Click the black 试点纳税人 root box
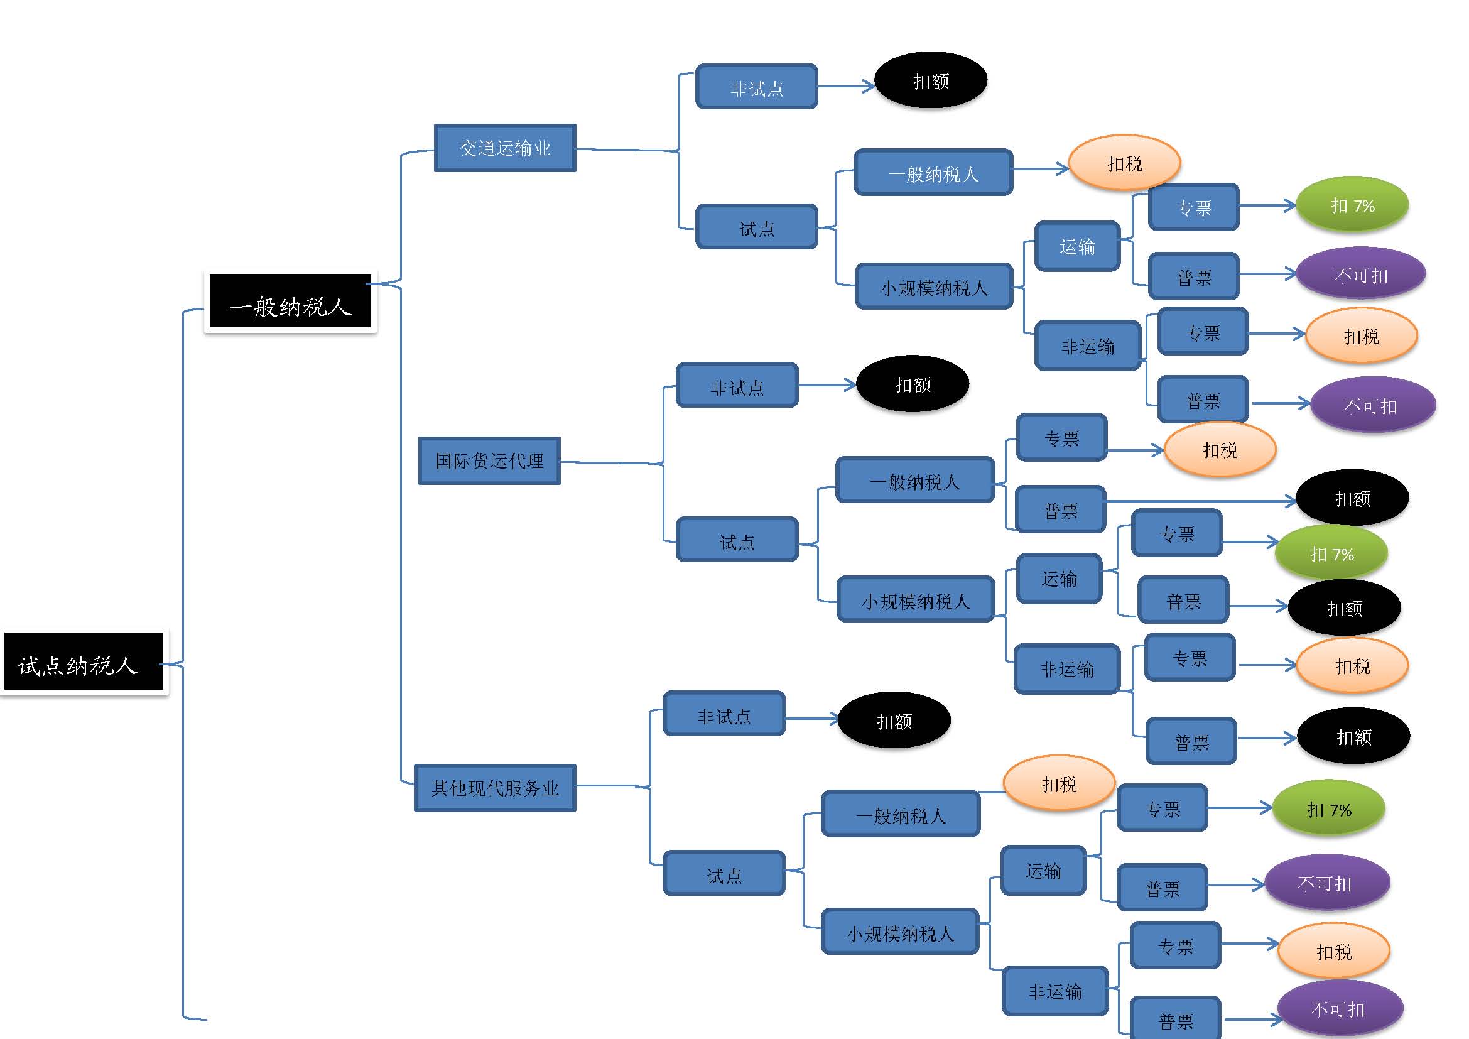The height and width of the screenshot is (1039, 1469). (83, 662)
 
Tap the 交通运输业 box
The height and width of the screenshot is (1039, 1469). (505, 148)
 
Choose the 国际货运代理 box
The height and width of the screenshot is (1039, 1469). (489, 460)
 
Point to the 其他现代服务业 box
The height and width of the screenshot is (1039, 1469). (494, 788)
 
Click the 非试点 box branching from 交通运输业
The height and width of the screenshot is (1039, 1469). (756, 87)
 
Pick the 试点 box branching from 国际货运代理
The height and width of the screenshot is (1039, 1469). (737, 540)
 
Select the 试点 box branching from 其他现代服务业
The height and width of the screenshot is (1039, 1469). (724, 873)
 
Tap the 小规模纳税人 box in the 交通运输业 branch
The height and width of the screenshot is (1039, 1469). (934, 286)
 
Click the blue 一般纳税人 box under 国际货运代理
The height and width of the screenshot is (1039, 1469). (915, 480)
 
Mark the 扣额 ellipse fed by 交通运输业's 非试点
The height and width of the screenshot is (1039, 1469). (931, 80)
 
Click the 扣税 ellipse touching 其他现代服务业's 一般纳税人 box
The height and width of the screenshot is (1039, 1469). (1059, 784)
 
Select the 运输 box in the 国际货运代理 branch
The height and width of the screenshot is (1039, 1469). (1059, 579)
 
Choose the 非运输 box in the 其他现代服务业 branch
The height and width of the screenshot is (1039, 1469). (1055, 991)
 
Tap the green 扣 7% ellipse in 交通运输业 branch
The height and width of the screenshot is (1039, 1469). (1352, 205)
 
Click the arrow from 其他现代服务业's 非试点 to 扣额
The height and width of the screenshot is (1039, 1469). (811, 719)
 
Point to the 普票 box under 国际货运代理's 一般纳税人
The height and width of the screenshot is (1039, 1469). (1061, 510)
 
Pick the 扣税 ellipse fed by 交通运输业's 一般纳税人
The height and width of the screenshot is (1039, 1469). (1124, 163)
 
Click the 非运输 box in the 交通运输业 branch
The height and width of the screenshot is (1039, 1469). (1088, 345)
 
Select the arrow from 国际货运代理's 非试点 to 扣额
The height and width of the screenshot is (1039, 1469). (827, 384)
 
